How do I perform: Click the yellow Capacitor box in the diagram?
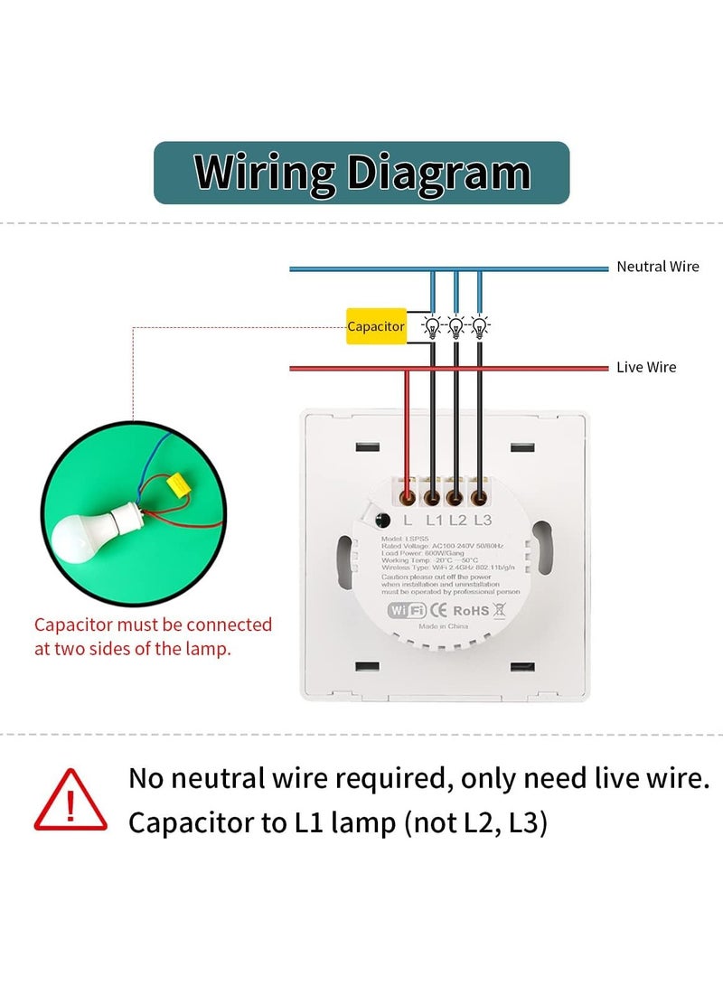coord(376,326)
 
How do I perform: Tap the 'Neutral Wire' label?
coord(657,267)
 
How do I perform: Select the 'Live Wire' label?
coord(645,367)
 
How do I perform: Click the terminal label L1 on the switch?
coord(434,520)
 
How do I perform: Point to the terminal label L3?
coord(482,520)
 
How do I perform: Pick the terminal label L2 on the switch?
coord(457,520)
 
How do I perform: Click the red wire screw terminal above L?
coord(408,496)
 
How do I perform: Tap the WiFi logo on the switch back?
coord(406,610)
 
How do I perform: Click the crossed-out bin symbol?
coord(498,610)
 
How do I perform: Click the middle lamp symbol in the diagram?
coord(455,326)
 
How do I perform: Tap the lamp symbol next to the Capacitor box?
coord(432,326)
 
